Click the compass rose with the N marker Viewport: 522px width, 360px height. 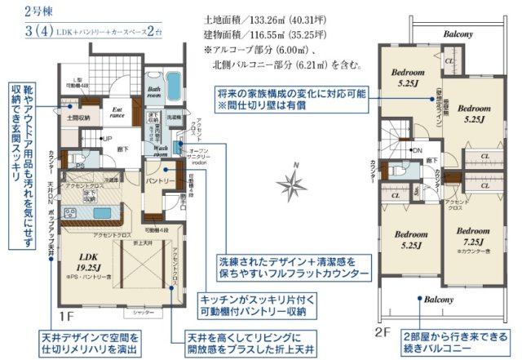pyautogui.click(x=291, y=181)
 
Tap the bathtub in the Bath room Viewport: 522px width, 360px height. pyautogui.click(x=176, y=84)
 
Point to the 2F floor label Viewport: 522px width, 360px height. pyautogui.click(x=382, y=332)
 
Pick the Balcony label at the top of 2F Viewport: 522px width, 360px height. pyautogui.click(x=459, y=35)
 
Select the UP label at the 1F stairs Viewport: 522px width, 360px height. pyautogui.click(x=107, y=140)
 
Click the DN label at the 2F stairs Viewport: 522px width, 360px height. pyautogui.click(x=415, y=151)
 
